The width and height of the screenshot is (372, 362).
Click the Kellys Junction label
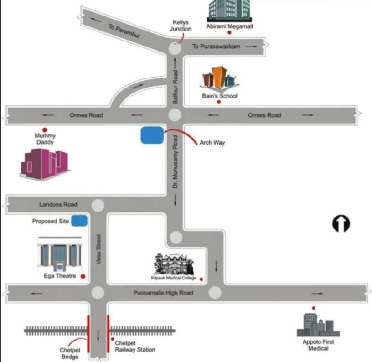181,26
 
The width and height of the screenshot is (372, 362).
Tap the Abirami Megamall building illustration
229,11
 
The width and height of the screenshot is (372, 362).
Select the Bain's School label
220,96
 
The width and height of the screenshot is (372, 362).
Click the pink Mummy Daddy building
45,164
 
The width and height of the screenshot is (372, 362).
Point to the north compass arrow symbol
341,223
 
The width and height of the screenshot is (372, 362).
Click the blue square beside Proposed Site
79,221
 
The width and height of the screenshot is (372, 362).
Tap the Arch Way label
212,142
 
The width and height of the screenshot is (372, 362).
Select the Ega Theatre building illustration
60,254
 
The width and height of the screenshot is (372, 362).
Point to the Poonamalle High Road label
163,293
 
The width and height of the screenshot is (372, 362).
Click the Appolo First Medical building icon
318,325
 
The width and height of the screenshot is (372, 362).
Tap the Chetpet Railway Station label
135,346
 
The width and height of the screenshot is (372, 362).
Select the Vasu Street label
98,249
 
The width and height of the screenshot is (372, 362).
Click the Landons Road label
58,204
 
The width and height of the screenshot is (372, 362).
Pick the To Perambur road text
124,31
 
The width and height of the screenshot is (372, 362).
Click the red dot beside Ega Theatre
83,276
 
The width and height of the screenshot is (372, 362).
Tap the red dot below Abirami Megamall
229,32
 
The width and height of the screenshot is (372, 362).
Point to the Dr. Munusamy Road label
176,162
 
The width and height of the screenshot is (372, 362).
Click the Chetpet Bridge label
70,353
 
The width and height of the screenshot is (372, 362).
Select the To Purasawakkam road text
216,46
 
